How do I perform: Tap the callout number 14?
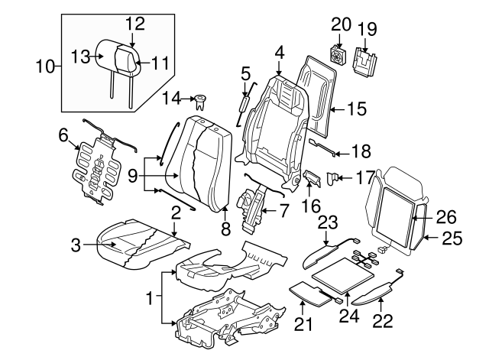pos(174,99)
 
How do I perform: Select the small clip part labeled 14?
pos(202,99)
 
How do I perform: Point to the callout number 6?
pos(63,135)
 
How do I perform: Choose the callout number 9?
pos(133,177)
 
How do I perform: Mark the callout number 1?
pos(150,294)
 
